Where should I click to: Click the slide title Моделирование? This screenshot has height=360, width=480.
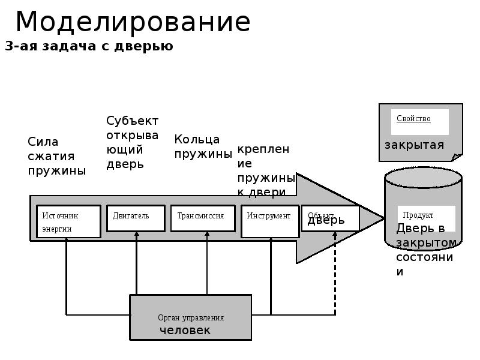(133, 23)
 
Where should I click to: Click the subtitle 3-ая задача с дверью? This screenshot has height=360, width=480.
(89, 46)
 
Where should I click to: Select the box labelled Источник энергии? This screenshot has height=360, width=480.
(68, 221)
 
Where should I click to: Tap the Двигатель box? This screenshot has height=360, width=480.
(136, 218)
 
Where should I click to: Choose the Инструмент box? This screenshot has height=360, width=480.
(270, 218)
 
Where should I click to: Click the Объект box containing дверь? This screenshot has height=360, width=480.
(331, 218)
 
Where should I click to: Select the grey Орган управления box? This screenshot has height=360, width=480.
(191, 317)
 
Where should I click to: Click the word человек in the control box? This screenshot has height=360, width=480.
(185, 331)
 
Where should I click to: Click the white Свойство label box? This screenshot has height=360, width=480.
(419, 122)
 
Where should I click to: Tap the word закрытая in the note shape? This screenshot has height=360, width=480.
(414, 145)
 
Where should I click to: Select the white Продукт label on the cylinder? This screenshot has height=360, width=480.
(426, 218)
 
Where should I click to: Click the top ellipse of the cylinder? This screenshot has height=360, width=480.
(423, 178)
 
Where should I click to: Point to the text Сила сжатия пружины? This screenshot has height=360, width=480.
(56, 156)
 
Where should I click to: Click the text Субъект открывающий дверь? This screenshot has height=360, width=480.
(132, 142)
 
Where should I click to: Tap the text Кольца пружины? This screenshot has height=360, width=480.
(203, 146)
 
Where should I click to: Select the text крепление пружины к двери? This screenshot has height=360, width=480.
(266, 170)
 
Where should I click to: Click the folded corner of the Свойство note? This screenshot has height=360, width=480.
(457, 157)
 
